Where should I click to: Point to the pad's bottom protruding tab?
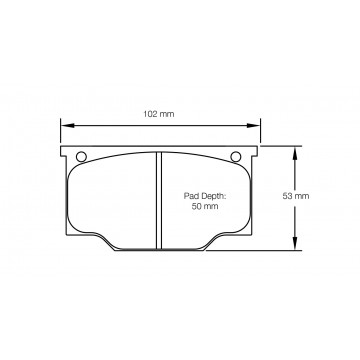(x=160, y=246)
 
